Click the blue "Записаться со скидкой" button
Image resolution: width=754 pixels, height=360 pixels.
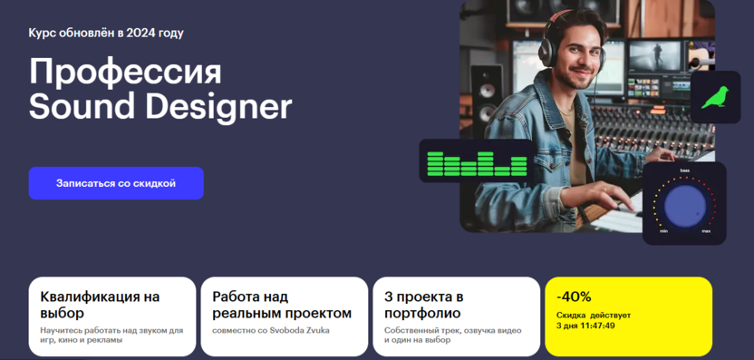click(116, 183)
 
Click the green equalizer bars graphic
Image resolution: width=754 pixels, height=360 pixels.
click(477, 163)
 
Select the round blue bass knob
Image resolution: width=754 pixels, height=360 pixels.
click(685, 206)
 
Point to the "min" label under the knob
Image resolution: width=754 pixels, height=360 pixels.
click(663, 231)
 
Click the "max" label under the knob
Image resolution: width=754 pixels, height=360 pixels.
click(706, 231)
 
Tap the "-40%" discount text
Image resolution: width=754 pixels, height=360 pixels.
click(574, 297)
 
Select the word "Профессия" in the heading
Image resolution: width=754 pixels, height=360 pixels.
click(125, 73)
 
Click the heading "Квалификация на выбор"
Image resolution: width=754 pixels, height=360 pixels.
click(100, 305)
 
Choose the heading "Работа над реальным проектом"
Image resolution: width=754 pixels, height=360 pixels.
click(282, 305)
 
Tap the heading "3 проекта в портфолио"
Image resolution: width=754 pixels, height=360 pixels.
click(423, 305)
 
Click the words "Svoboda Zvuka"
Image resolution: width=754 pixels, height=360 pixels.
click(306, 331)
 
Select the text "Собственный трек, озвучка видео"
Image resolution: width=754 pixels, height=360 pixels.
click(452, 331)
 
